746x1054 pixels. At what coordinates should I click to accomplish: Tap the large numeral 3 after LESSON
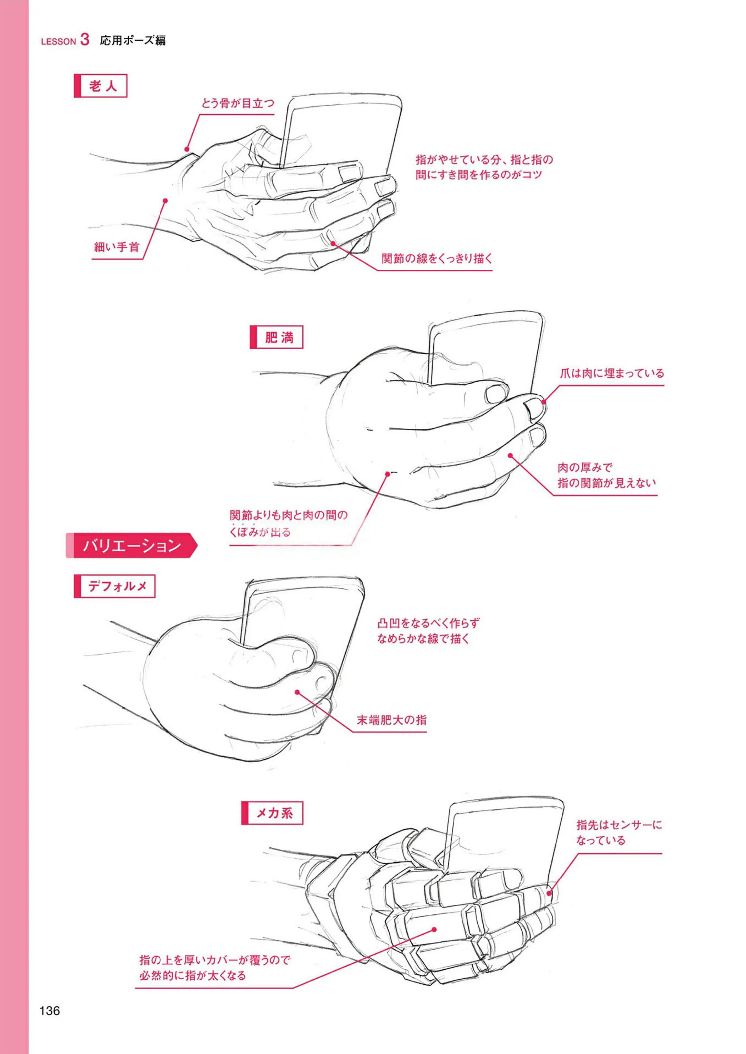coord(85,39)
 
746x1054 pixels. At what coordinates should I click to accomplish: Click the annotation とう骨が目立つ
coord(237,103)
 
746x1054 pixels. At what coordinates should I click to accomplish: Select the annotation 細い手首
coord(117,247)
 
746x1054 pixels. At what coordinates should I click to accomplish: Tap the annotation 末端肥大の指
coord(392,720)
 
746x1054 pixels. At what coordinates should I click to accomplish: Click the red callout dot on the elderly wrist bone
coord(187,149)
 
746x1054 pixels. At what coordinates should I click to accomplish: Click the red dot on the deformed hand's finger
coord(297,692)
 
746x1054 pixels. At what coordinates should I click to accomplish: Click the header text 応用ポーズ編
coord(133,40)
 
